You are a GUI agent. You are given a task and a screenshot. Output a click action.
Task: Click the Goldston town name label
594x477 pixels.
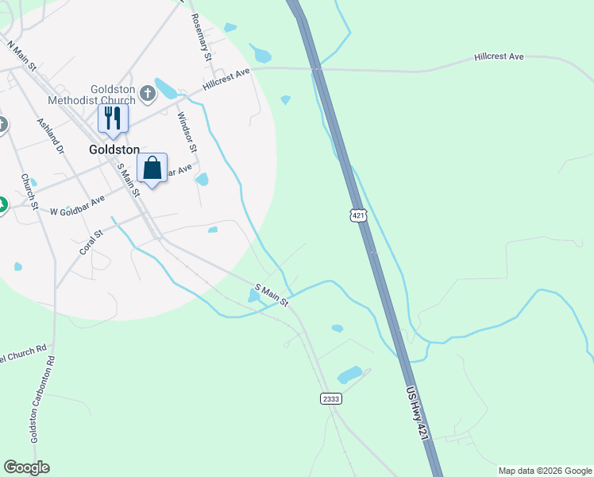[x=114, y=149]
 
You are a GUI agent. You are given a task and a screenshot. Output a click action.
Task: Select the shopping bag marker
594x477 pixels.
[x=152, y=169]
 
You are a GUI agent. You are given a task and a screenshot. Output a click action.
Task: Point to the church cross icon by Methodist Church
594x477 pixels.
[x=147, y=95]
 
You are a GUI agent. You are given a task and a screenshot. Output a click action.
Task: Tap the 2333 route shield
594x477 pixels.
[x=331, y=397]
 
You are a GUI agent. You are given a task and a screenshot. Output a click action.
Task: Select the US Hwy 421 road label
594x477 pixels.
[x=419, y=414]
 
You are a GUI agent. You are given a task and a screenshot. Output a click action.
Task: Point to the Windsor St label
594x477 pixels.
[x=186, y=132]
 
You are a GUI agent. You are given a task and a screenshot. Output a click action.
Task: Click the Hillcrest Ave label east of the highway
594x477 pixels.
[x=499, y=57]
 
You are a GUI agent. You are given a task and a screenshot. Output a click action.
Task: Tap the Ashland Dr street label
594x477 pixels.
[x=49, y=137]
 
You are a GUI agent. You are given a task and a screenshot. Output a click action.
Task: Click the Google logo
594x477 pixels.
[x=26, y=467]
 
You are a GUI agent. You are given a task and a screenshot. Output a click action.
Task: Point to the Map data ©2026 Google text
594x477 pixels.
[x=545, y=471]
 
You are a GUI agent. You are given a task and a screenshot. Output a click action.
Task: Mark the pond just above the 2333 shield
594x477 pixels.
[x=349, y=374]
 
